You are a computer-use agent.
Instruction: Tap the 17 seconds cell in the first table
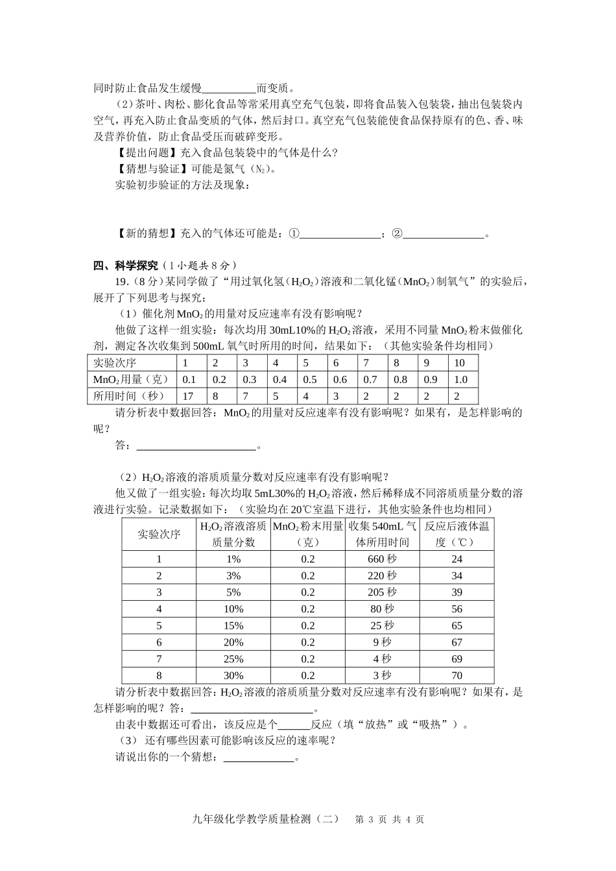coord(189,396)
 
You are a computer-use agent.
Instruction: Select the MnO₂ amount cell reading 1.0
coord(461,380)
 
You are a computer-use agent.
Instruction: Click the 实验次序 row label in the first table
coord(115,363)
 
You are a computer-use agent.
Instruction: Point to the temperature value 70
coord(456,675)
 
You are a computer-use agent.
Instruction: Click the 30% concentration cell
coord(233,675)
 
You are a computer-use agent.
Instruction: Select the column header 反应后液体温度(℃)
coord(456,533)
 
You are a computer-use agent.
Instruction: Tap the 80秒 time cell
coord(382,609)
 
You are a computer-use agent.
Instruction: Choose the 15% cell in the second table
coord(233,625)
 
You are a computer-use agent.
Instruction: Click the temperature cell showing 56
coord(456,609)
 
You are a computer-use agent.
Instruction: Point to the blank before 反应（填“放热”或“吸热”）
coord(294,724)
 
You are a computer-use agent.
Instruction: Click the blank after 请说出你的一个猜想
coord(259,757)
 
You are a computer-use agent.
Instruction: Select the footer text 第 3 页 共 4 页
coord(390,819)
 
